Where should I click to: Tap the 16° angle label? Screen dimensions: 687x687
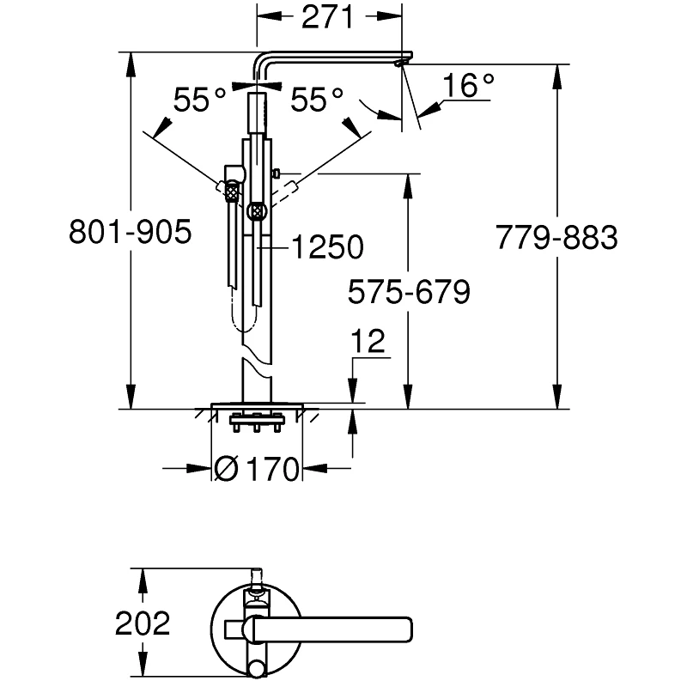(x=469, y=85)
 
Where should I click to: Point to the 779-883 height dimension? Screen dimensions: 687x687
(x=556, y=238)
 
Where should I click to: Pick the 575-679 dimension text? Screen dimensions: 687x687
(x=408, y=293)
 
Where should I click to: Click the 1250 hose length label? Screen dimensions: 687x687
(x=327, y=248)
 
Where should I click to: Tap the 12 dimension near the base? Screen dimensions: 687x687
(x=368, y=342)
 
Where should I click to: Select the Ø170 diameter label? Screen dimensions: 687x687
(x=257, y=469)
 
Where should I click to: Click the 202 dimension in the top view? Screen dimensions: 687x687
(x=143, y=623)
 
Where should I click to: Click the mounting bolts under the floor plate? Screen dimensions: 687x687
(x=256, y=422)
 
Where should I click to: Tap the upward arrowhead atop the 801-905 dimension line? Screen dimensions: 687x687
(x=131, y=60)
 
